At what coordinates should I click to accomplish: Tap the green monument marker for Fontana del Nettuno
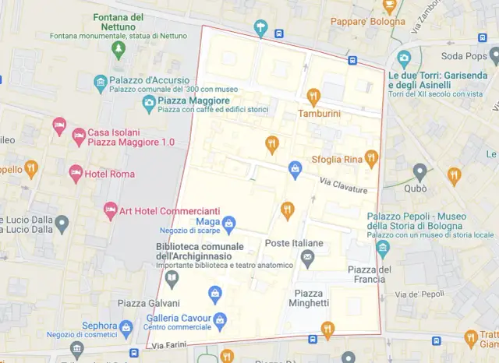(119, 51)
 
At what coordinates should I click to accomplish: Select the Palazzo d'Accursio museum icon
(100, 82)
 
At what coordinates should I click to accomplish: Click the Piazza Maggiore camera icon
(148, 102)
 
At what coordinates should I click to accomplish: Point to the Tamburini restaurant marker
(313, 97)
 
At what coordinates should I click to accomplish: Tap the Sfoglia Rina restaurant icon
(371, 158)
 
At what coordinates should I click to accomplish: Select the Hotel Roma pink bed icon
(76, 173)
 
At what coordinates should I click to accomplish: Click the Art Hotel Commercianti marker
(110, 210)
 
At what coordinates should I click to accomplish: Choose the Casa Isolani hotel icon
(79, 137)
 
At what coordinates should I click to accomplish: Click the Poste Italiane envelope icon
(308, 258)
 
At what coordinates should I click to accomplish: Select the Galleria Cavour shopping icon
(221, 320)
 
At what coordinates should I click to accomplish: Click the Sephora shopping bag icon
(126, 327)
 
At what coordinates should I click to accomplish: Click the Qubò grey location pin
(420, 171)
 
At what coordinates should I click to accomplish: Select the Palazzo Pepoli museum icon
(382, 248)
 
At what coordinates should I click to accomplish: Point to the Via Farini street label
(169, 345)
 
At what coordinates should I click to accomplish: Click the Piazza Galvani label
(148, 303)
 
